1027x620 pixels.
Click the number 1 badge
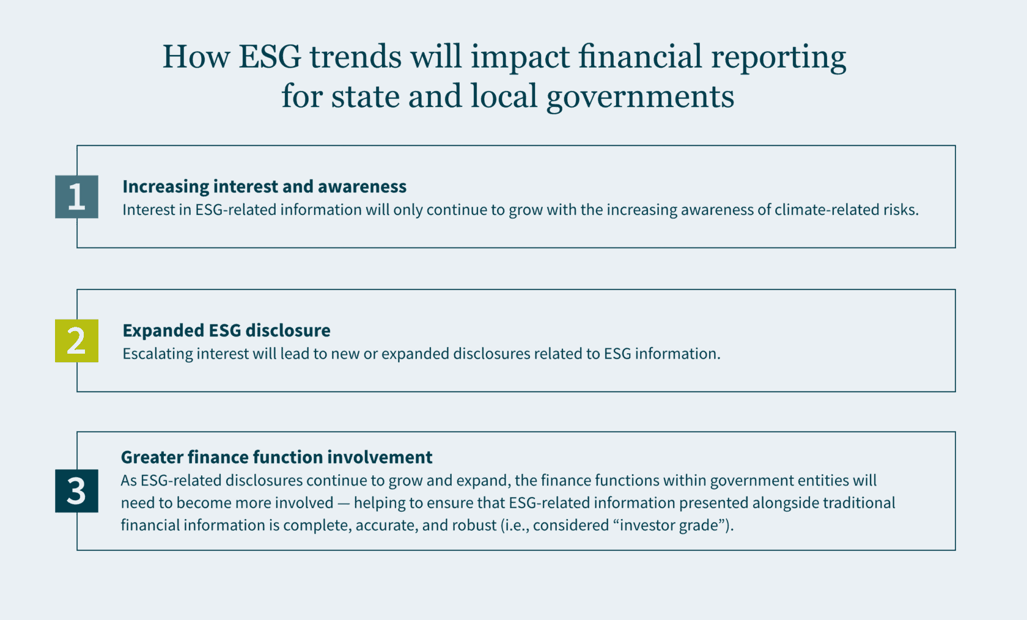coord(76,197)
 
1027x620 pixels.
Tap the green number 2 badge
coord(76,341)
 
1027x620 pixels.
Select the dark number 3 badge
coord(76,491)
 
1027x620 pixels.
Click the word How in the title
coord(196,57)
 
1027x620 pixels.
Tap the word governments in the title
coord(640,97)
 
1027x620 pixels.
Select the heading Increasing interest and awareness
coord(264,186)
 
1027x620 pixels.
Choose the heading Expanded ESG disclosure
coord(226,330)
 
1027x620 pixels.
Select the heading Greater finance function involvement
coord(276,458)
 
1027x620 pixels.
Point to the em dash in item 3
coord(344,503)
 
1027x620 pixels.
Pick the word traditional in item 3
coord(858,503)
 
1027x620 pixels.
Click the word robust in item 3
coord(474,526)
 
